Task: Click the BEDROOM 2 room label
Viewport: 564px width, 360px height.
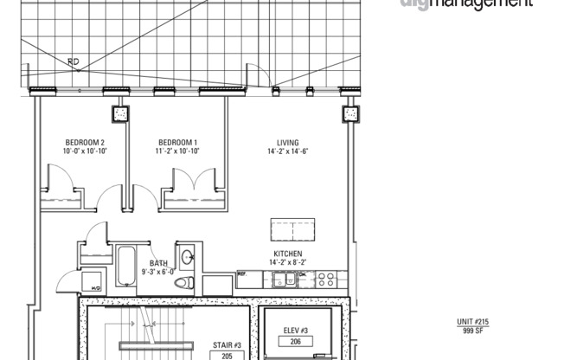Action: [84, 143]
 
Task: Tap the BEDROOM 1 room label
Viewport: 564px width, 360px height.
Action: [177, 143]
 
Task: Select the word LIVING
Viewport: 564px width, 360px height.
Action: [287, 143]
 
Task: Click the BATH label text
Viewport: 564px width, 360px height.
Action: [158, 263]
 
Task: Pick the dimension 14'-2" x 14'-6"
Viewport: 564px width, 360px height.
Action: [287, 151]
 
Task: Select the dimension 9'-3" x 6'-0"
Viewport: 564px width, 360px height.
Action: [158, 272]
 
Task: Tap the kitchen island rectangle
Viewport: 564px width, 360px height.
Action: [292, 230]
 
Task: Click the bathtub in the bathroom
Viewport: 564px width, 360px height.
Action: [125, 266]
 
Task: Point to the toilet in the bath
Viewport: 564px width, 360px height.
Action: [183, 282]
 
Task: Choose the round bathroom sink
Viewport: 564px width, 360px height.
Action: [188, 256]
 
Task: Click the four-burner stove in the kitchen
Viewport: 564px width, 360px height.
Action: [326, 279]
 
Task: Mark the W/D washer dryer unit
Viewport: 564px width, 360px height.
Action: [93, 281]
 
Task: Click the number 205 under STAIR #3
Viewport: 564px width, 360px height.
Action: [227, 354]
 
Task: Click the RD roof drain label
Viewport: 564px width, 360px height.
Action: [74, 61]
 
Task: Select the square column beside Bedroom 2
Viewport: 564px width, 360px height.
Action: [119, 113]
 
